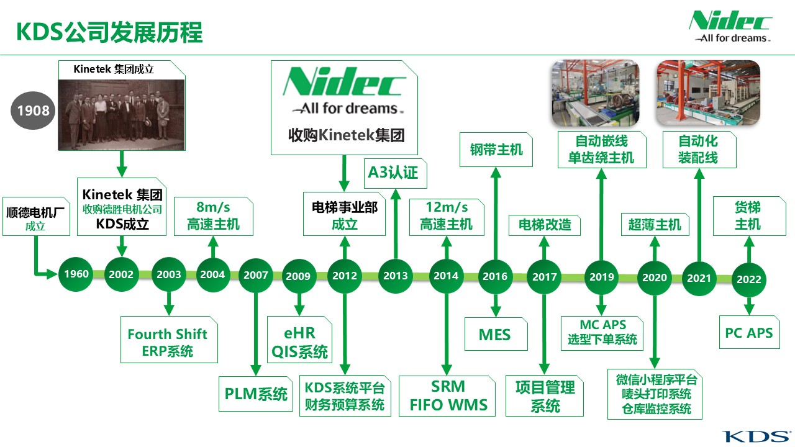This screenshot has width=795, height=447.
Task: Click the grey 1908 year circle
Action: point(33,111)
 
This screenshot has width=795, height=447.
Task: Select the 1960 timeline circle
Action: point(76,274)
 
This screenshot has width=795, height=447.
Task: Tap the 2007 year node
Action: point(255,275)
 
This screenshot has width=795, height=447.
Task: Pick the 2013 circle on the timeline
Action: point(396,276)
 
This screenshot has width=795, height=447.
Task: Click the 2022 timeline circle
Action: point(749,279)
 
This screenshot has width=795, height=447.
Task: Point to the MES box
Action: point(496,334)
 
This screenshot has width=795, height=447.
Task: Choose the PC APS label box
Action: point(749,332)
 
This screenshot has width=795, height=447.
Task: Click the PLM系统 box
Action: point(255,394)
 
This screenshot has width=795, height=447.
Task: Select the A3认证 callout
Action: point(396,173)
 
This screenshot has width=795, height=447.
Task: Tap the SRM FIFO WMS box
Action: point(447,396)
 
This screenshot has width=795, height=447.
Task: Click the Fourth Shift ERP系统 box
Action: point(169,340)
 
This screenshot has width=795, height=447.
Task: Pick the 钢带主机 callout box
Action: point(496,150)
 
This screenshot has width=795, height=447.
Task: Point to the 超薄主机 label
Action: point(655,225)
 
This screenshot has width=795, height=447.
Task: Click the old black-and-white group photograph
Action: point(121,115)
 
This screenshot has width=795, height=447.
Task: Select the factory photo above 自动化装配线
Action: point(709,93)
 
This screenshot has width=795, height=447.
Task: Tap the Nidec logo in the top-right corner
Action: point(731,27)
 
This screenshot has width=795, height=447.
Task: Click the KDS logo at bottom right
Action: point(756,436)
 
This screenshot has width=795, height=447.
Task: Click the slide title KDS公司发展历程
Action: point(109,32)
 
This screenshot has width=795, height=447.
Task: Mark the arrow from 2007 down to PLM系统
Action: point(255,334)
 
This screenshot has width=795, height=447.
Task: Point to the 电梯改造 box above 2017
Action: point(545,225)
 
